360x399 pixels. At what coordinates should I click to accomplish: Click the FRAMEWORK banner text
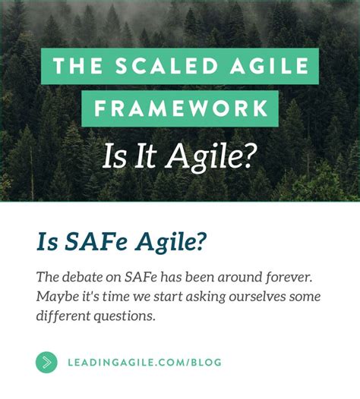pyautogui.click(x=180, y=109)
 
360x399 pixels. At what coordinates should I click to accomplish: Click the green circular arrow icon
pyautogui.click(x=46, y=362)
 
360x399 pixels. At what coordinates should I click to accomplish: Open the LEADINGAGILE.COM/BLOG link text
pyautogui.click(x=144, y=362)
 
